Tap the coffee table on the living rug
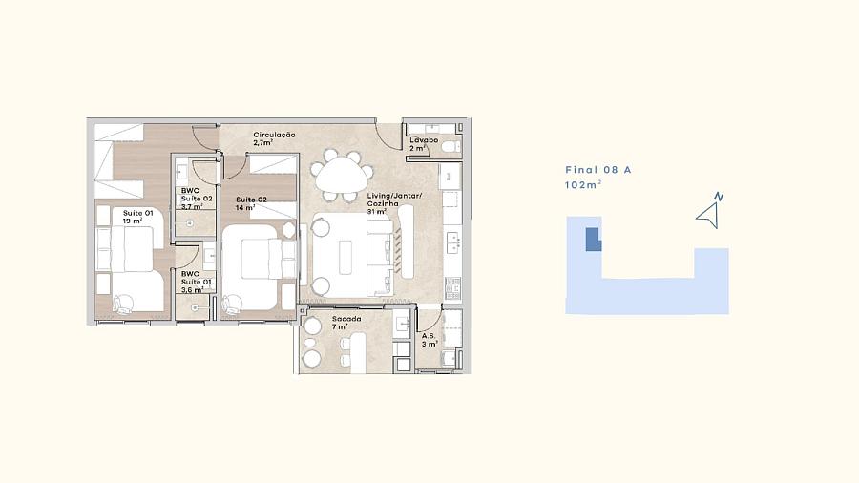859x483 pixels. click(x=346, y=257)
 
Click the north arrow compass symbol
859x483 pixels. click(x=709, y=211)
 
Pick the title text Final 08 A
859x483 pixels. click(x=598, y=170)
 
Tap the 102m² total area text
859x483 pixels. click(x=583, y=185)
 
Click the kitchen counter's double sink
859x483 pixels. click(x=453, y=243)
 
